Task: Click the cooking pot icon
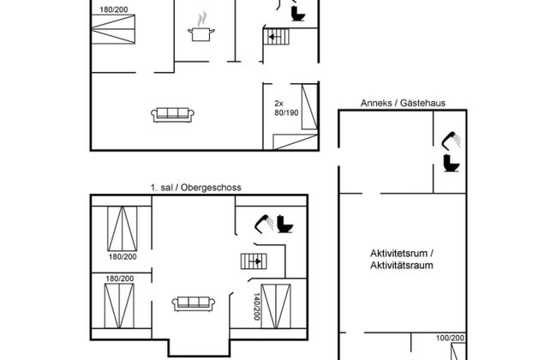(201, 33)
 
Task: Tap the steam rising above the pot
(201, 17)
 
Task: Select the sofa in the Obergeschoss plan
(193, 303)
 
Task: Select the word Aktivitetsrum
(403, 253)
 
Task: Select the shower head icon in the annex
(449, 139)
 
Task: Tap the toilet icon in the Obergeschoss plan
(285, 225)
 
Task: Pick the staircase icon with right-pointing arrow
(254, 261)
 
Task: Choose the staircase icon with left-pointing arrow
(275, 37)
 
